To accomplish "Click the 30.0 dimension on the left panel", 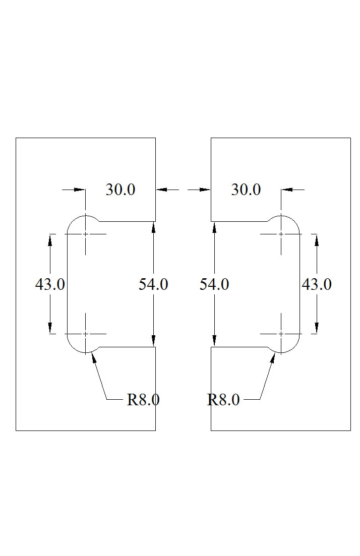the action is (x=120, y=190).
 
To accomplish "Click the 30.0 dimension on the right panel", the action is (x=246, y=190).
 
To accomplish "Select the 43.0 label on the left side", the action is (x=50, y=284).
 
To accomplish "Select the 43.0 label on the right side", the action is (x=317, y=284).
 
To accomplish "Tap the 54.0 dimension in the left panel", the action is (x=153, y=284).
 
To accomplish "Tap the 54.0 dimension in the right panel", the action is (x=214, y=284).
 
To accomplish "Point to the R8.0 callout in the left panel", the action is (x=143, y=400).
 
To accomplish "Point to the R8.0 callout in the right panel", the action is (x=223, y=400).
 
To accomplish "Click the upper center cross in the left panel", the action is (x=86, y=234).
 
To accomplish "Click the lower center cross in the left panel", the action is (x=86, y=334).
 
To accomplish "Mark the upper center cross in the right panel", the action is (x=281, y=234).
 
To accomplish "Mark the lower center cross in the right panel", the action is (x=281, y=334).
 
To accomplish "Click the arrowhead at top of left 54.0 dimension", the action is (x=153, y=227).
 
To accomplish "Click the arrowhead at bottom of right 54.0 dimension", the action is (x=214, y=341).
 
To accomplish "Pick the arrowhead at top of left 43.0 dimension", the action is (x=50, y=240).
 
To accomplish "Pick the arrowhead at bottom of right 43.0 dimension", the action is (x=317, y=328).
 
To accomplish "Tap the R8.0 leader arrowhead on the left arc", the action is (x=94, y=358).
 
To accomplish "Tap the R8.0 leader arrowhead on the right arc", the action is (x=273, y=358).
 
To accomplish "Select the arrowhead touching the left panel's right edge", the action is (x=162, y=190).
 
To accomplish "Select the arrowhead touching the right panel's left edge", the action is (x=205, y=190).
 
